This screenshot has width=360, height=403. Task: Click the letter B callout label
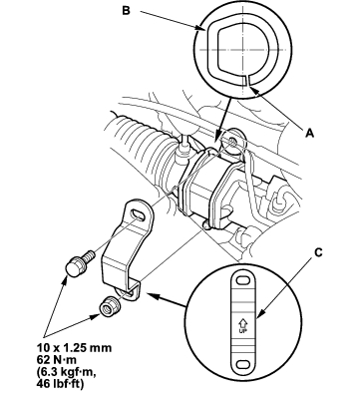pyautogui.click(x=127, y=10)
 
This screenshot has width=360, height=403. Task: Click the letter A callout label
pyautogui.click(x=309, y=133)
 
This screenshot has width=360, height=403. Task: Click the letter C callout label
pyautogui.click(x=318, y=252)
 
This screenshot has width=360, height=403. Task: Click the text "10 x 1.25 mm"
pyautogui.click(x=74, y=348)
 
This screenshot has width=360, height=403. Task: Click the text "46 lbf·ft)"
pyautogui.click(x=60, y=384)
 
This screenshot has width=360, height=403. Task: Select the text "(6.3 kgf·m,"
pyautogui.click(x=66, y=372)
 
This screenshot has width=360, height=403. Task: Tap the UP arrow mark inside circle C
pyautogui.click(x=242, y=323)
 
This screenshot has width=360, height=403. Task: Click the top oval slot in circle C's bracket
pyautogui.click(x=243, y=280)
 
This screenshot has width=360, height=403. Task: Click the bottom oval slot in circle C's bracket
pyautogui.click(x=243, y=364)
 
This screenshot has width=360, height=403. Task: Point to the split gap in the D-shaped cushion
pyautogui.click(x=247, y=80)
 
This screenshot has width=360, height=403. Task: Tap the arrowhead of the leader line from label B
pyautogui.click(x=201, y=29)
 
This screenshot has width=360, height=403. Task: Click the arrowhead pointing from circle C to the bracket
pyautogui.click(x=151, y=294)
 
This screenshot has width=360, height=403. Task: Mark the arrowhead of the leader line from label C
pyautogui.click(x=259, y=315)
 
